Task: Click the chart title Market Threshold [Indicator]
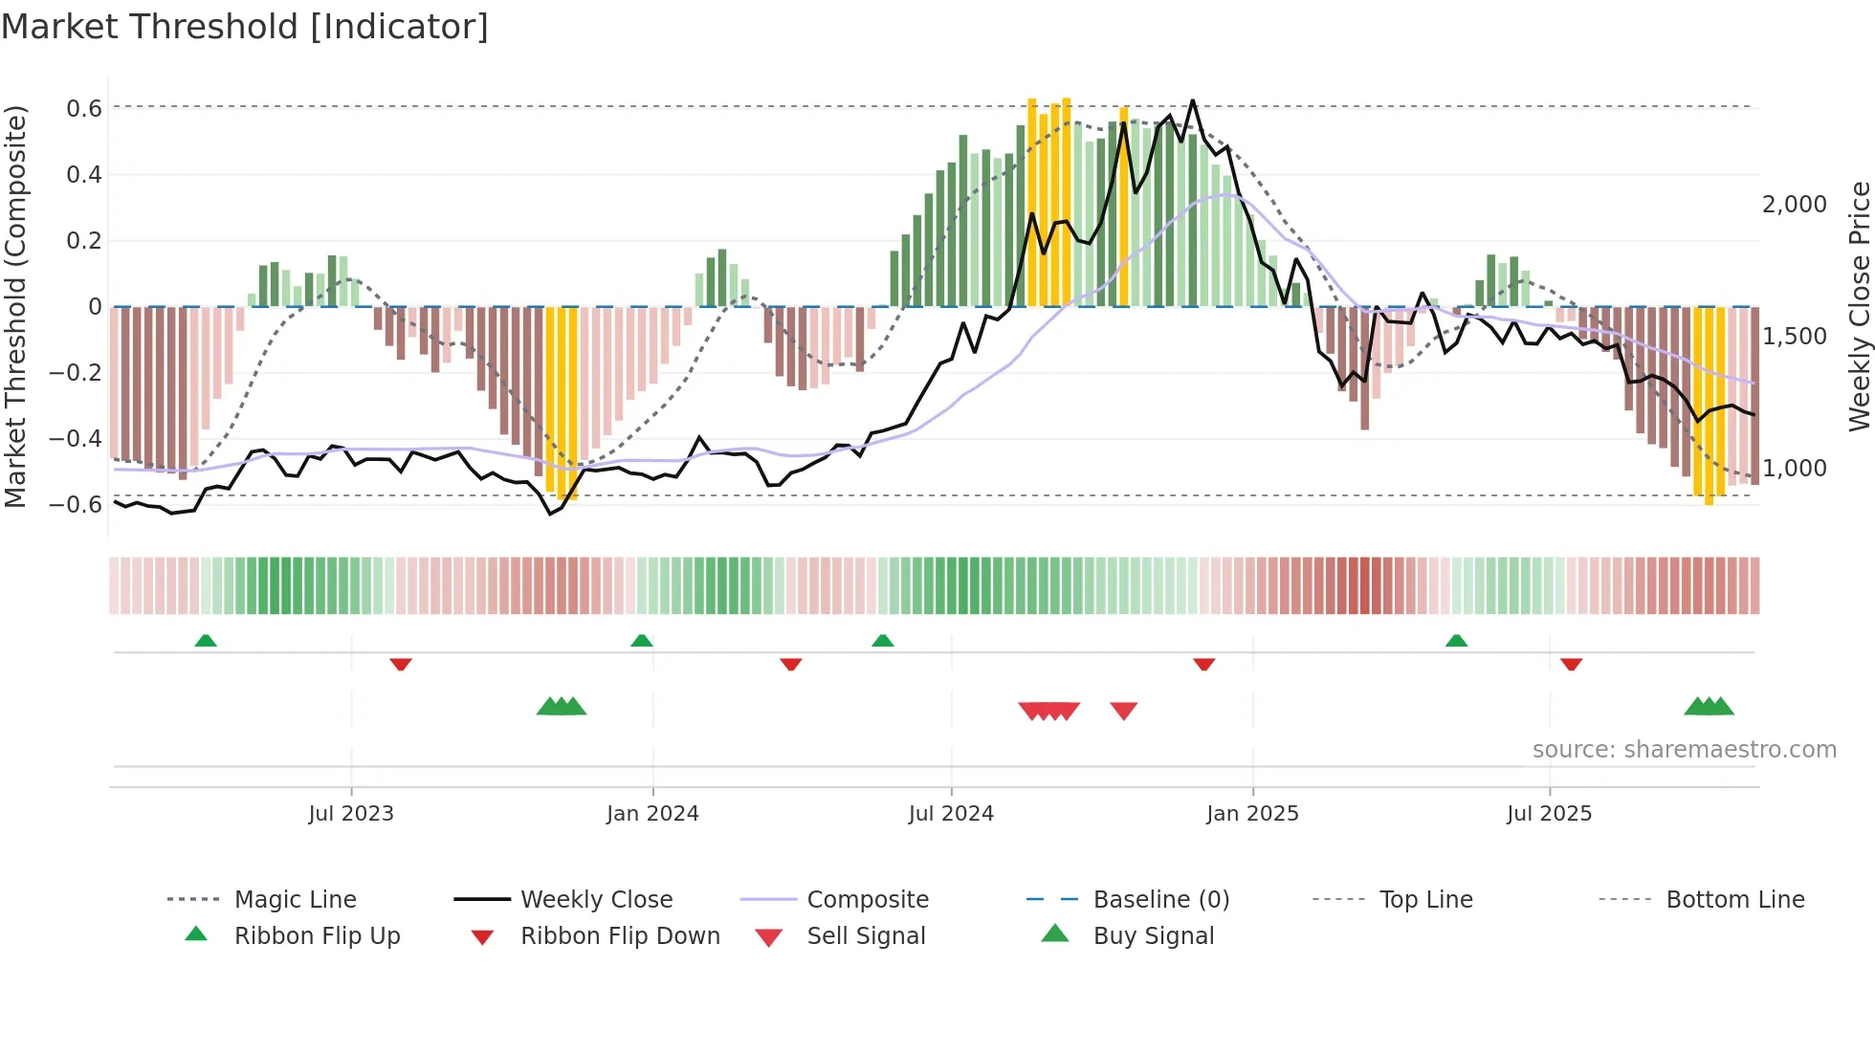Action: (x=245, y=27)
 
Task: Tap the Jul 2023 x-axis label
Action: (x=351, y=814)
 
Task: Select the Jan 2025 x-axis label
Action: (x=1252, y=814)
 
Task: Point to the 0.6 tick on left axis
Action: (x=84, y=109)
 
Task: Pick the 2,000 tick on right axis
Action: (x=1794, y=205)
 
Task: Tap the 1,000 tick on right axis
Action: (x=1794, y=469)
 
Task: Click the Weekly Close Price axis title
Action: (x=1859, y=306)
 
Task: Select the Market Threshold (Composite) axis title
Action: (x=15, y=306)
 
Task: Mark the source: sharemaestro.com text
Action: (x=1684, y=750)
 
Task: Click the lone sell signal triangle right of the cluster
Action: (x=1124, y=710)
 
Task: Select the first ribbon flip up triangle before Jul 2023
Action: (x=206, y=641)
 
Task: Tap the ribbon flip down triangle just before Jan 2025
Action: (x=1204, y=664)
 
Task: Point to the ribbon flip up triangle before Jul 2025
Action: (x=1456, y=641)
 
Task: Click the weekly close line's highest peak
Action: (x=1192, y=100)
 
